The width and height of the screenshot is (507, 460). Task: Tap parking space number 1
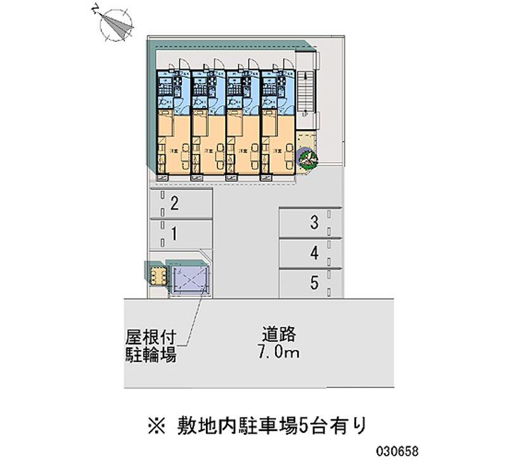click(179, 234)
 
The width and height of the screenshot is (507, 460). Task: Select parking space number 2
click(179, 204)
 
